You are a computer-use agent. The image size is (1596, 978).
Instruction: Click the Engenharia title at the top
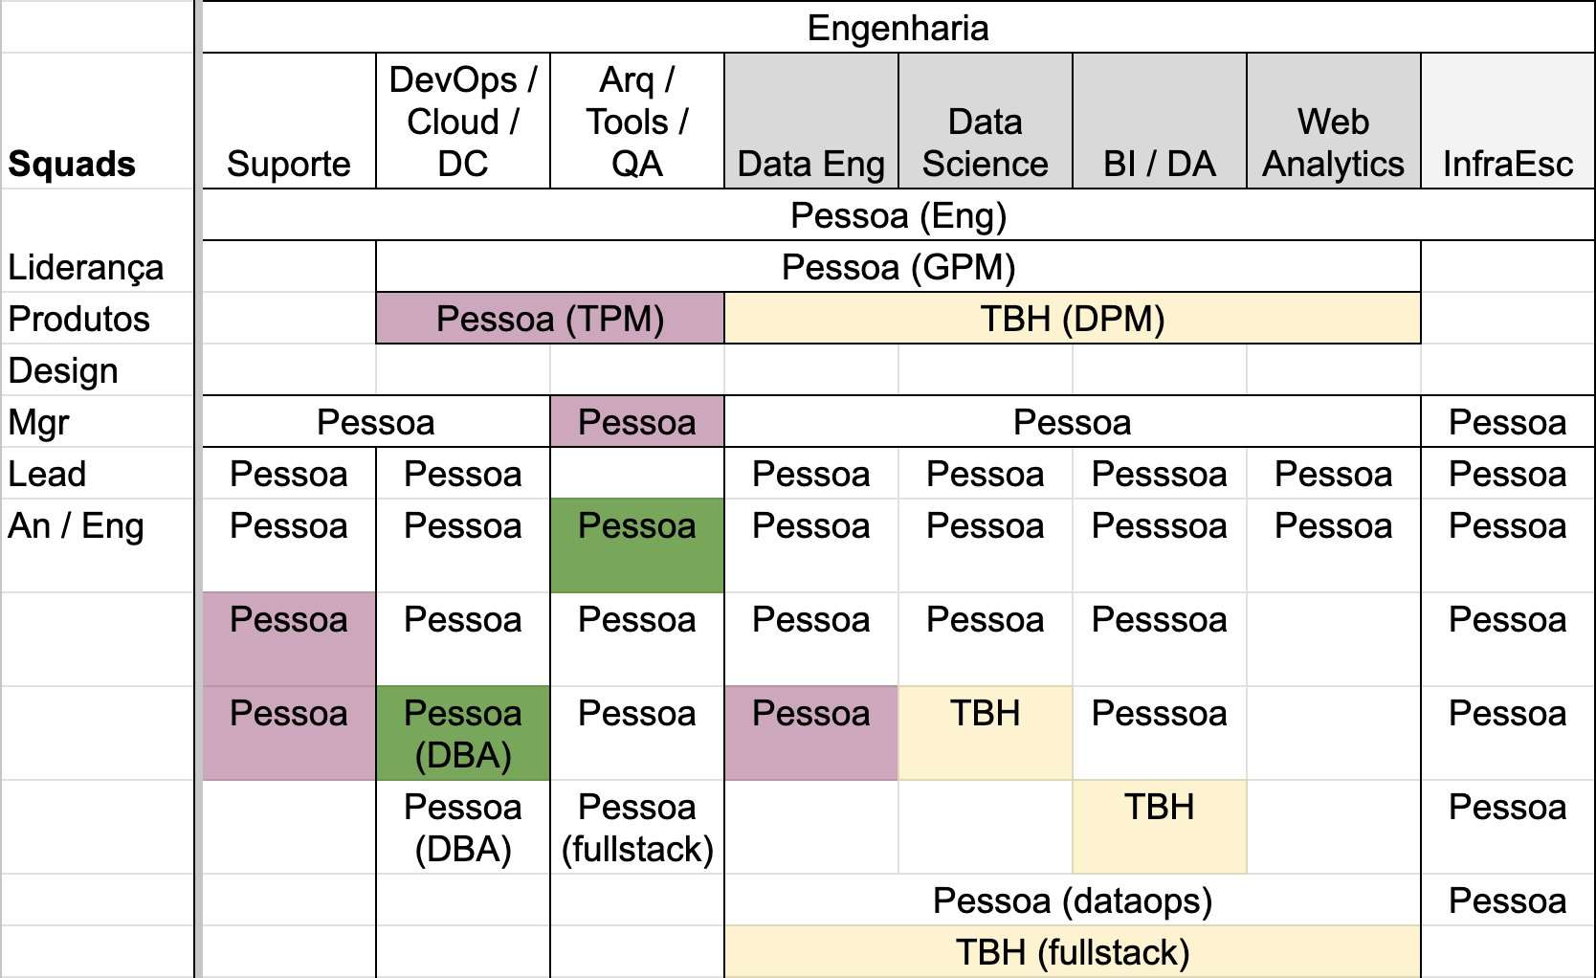898,29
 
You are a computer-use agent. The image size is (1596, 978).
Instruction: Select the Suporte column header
289,164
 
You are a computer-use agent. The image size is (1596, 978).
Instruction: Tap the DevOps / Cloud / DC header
463,122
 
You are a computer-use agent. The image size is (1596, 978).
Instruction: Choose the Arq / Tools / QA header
637,122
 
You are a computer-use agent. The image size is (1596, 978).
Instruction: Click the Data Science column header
986,143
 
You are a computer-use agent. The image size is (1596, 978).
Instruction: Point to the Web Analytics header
1333,143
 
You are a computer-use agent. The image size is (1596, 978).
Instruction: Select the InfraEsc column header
1508,164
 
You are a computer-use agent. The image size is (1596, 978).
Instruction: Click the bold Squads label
71,164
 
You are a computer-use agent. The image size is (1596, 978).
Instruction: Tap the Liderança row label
85,268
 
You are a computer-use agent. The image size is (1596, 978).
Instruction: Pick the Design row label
63,370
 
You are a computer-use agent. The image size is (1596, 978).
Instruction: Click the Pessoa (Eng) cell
898,215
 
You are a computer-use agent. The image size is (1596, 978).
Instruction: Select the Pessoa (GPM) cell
898,267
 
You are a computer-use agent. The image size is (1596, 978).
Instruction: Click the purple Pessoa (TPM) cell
550,318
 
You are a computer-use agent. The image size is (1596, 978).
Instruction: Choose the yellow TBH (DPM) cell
1073,318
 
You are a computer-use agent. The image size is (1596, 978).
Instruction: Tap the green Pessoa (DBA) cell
463,733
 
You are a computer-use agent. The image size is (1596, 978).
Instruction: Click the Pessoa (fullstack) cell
637,828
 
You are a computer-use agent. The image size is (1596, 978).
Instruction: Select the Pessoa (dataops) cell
1073,900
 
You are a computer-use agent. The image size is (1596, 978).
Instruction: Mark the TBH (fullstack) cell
1073,951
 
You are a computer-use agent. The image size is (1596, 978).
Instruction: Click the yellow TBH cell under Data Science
986,733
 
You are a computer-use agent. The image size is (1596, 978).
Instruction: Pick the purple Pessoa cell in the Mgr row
637,421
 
